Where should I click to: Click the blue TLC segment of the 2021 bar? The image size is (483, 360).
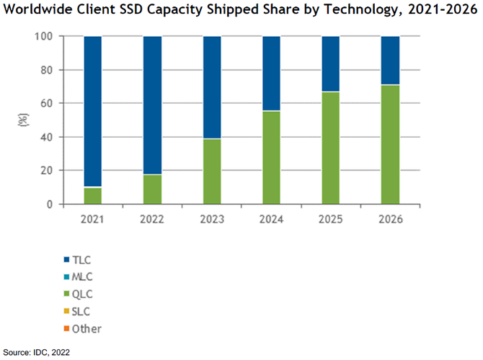[93, 111]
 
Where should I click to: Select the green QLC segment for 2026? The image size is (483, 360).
[389, 144]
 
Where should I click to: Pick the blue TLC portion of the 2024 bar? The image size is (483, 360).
[270, 73]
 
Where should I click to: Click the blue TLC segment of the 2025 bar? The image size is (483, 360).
[329, 63]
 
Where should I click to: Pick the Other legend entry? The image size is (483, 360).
[84, 328]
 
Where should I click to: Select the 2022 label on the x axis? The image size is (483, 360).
[152, 219]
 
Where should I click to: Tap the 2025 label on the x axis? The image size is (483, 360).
[329, 219]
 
